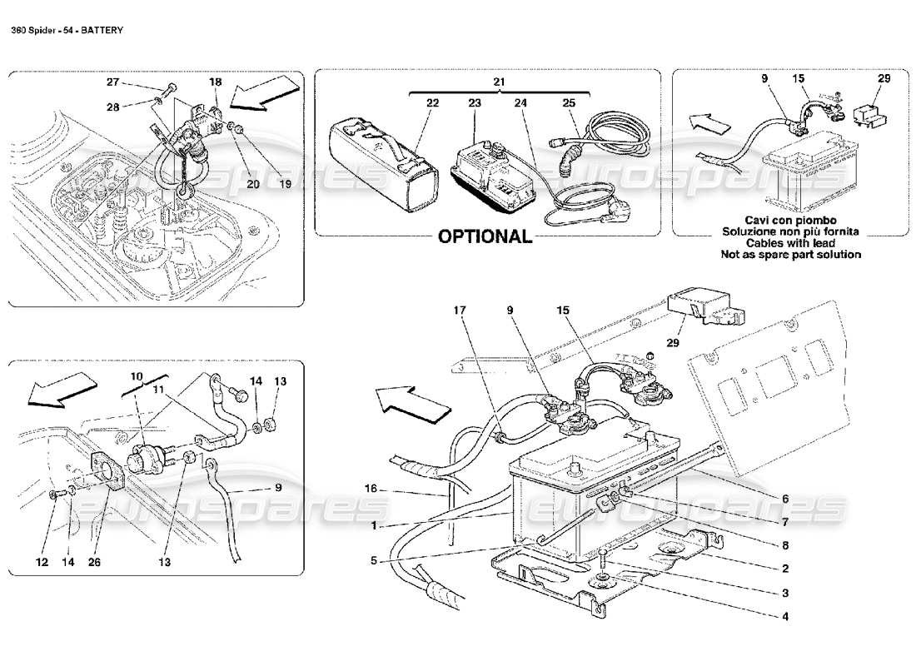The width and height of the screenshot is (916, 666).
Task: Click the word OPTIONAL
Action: (485, 236)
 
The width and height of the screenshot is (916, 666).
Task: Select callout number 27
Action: (113, 82)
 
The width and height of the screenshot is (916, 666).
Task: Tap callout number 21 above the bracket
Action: (499, 82)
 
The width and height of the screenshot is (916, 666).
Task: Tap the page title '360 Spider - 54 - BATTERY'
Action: (67, 30)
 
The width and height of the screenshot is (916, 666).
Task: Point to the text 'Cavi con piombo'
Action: (791, 219)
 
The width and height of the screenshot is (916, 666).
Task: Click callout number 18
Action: (216, 82)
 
